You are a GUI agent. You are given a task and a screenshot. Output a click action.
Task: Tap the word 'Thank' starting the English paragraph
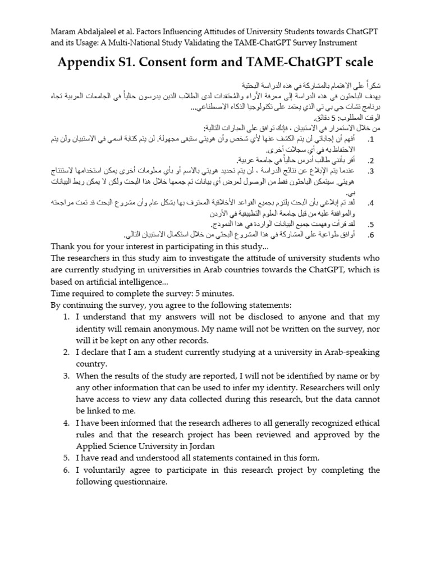tap(63, 247)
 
